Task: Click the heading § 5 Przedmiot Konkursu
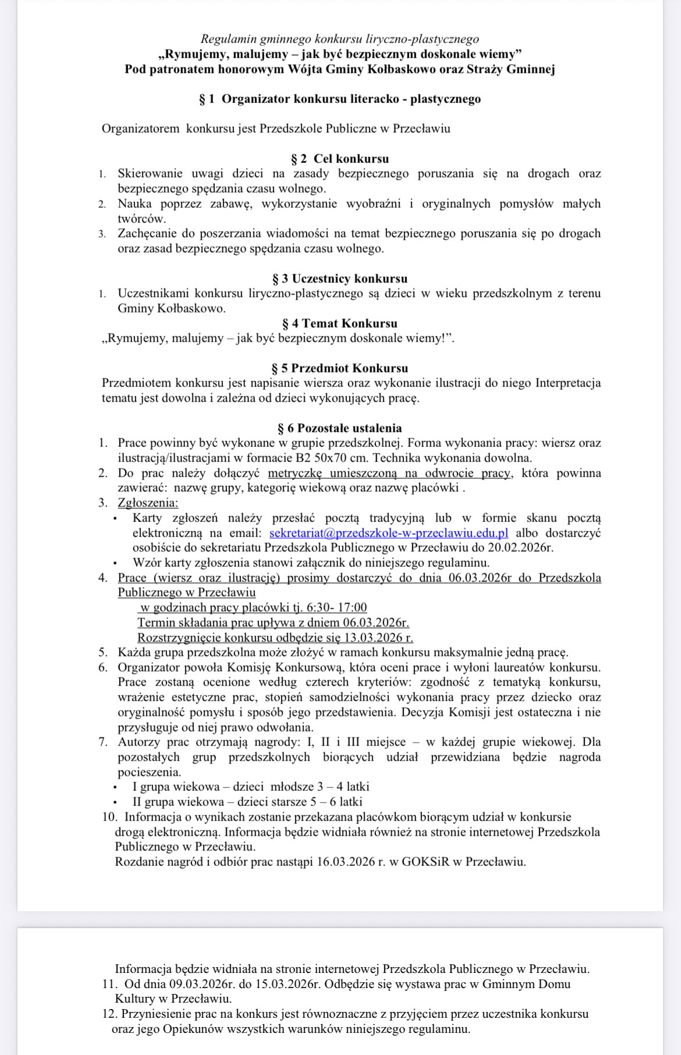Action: pos(340,368)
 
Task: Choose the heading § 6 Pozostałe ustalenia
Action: pos(340,428)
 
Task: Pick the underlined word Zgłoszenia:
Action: pos(148,503)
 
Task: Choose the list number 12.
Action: pos(109,1014)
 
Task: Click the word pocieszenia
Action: pos(150,772)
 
